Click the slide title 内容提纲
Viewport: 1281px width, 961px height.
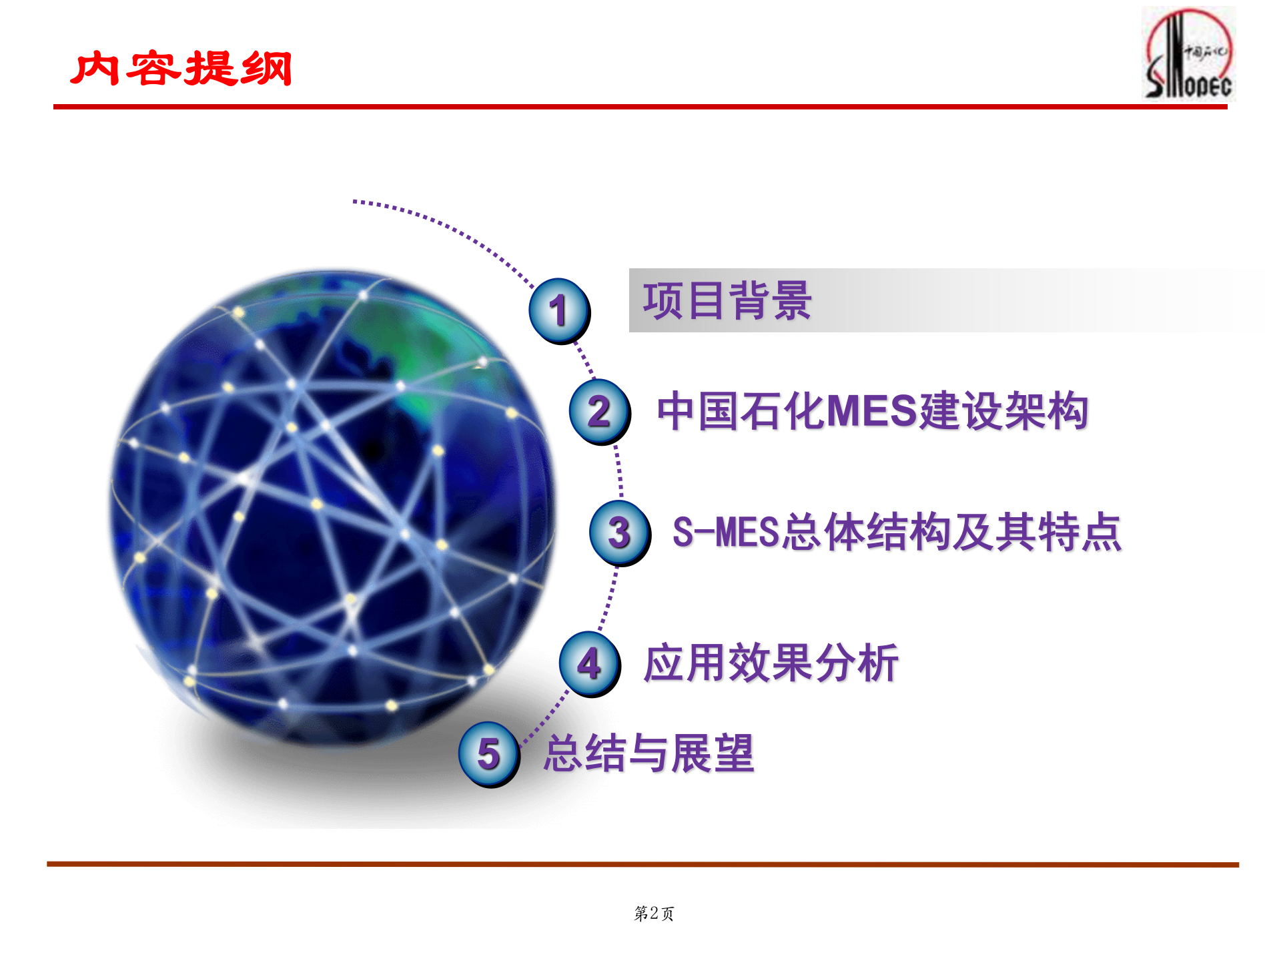pos(181,68)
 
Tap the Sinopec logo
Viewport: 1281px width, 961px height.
pos(1189,55)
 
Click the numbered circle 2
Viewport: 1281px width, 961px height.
pos(599,411)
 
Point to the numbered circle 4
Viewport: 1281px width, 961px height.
pos(590,664)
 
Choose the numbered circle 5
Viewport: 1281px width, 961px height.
pos(489,754)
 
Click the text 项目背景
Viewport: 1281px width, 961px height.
pos(727,301)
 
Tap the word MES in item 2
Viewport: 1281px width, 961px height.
pos(873,410)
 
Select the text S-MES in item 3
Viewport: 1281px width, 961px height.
pos(726,533)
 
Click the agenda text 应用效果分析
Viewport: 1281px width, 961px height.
pos(771,663)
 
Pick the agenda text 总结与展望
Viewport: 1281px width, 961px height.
pos(649,753)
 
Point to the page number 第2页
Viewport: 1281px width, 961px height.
pos(654,913)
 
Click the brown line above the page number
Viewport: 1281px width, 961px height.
pos(640,864)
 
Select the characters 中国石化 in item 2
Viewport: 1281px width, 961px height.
pos(741,410)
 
